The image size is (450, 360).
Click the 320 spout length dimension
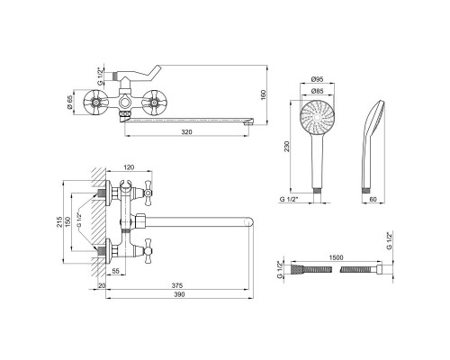(186, 131)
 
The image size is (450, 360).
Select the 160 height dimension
(264, 94)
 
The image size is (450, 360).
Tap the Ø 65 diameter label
(70, 103)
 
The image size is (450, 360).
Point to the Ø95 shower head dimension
(317, 79)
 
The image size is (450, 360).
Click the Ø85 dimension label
(317, 90)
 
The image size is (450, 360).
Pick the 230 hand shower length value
(287, 146)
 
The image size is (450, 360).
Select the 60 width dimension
(373, 199)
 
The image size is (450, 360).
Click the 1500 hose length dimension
(336, 257)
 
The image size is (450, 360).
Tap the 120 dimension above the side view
(129, 167)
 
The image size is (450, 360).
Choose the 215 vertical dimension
(59, 222)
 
